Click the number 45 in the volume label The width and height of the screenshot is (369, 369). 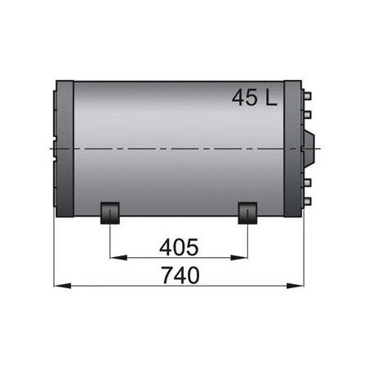[x=244, y=99]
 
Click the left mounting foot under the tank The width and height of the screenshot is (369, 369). [x=110, y=214]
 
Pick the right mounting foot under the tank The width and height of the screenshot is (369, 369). [x=247, y=214]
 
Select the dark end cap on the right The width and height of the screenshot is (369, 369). [x=293, y=149]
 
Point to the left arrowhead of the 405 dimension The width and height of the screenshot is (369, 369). [x=115, y=257]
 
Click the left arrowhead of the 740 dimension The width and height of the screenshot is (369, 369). [x=59, y=287]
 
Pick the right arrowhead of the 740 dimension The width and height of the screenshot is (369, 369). [x=296, y=287]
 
